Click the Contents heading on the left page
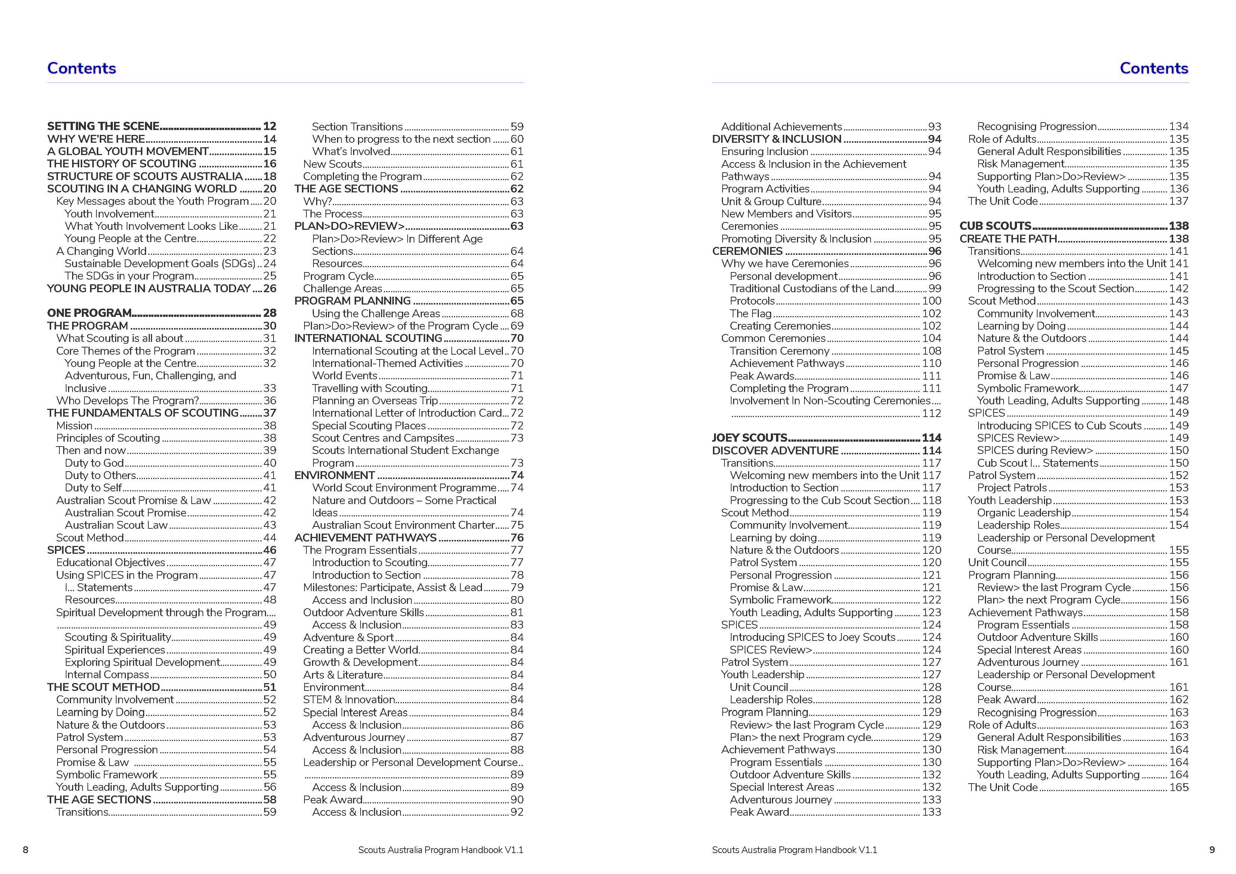81,68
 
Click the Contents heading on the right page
1154,68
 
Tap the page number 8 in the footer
25,850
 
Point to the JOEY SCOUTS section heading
750,438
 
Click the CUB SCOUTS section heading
995,226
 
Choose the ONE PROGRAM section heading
89,313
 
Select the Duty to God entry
94,463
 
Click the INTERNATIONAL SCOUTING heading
368,338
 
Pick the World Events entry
344,376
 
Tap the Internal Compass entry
106,675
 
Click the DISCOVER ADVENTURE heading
775,451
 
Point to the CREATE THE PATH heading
1008,238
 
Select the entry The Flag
750,314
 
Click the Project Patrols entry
1011,488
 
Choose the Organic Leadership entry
1023,513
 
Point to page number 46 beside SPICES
270,550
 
